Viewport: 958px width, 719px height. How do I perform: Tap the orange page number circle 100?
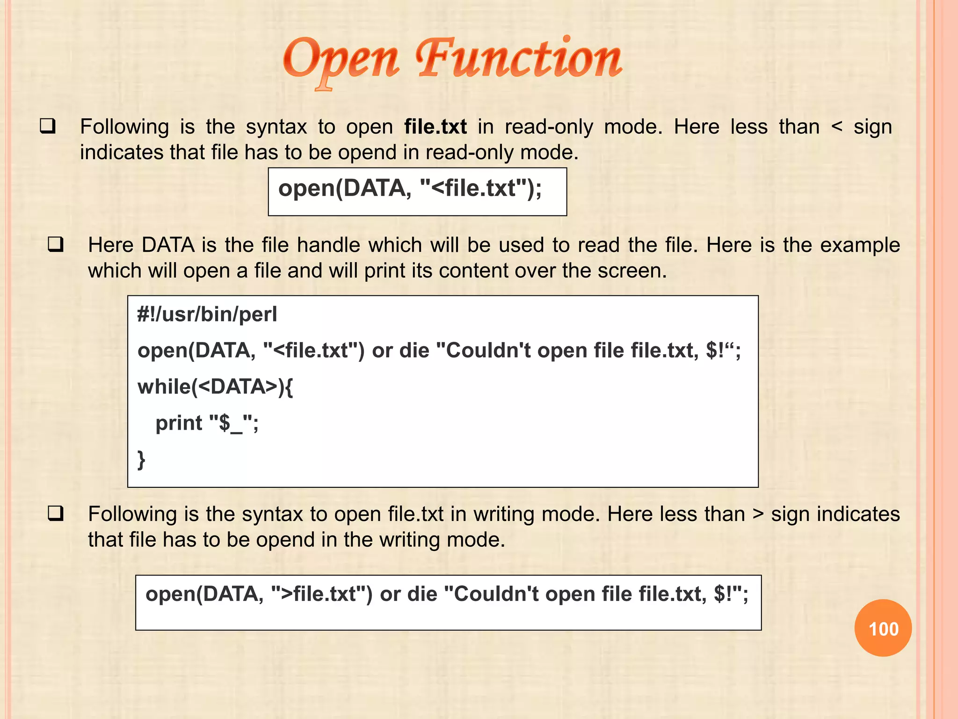tap(883, 628)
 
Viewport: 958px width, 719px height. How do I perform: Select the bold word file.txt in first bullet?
tap(435, 127)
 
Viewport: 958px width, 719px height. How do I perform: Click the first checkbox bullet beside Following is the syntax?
tap(48, 126)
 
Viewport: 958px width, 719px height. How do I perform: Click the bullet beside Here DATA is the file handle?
tap(56, 244)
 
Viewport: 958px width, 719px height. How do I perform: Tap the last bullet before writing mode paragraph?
tap(56, 514)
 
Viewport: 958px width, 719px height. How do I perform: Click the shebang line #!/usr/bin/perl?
tap(207, 314)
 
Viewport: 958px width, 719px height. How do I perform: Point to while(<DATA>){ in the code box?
tap(215, 387)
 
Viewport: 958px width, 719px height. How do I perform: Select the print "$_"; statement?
tap(206, 423)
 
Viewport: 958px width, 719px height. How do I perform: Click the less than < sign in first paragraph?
tap(837, 127)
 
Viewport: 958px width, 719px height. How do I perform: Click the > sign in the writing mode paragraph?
tap(758, 514)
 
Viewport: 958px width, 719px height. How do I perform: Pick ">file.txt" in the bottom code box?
tap(318, 594)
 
